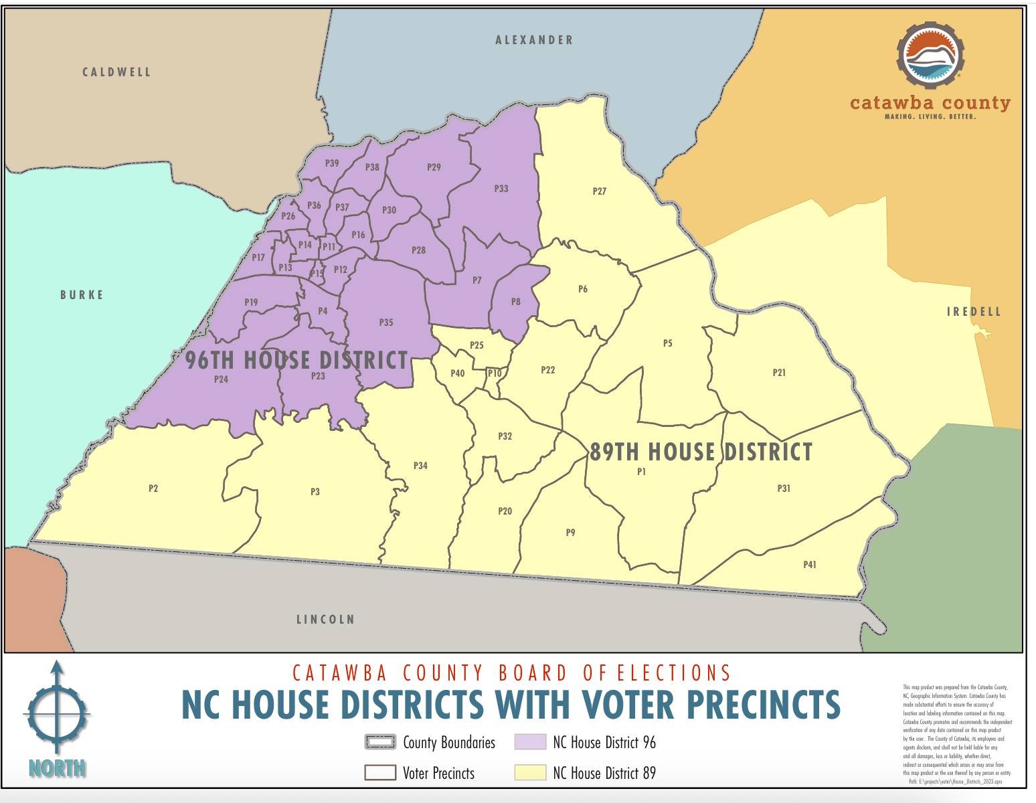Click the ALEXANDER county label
pos(534,40)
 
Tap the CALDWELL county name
pos(116,72)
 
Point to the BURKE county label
pos(82,295)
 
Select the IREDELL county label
pos(974,312)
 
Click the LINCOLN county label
pos(325,620)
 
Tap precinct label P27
pos(600,191)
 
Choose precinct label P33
pos(501,189)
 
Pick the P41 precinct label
pos(810,565)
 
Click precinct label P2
pos(153,488)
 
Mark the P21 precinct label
pos(779,373)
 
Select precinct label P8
pos(515,302)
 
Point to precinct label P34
pos(420,466)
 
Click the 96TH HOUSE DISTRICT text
pos(296,360)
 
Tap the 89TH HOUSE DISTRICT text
pos(701,452)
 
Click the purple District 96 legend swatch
pos(530,742)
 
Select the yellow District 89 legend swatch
pos(530,773)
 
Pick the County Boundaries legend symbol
pos(380,742)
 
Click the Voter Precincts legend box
pos(380,773)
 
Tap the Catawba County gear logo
pos(930,56)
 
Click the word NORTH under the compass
pos(58,768)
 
